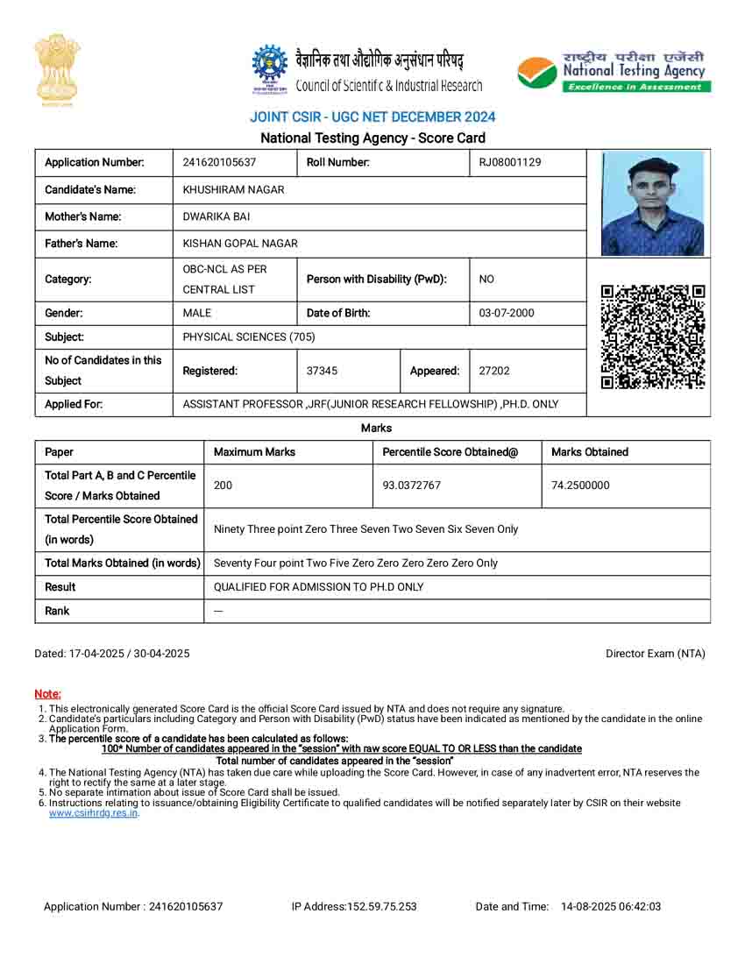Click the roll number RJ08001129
510,162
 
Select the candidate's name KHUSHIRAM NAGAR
233,189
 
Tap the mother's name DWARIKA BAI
216,216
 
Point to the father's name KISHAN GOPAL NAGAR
240,244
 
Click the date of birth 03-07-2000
507,313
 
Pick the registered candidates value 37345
322,371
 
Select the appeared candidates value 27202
494,371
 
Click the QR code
653,337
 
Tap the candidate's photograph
652,202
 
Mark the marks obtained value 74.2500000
580,486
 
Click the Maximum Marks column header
255,452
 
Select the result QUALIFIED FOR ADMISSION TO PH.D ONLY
319,587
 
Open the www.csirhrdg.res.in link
94,812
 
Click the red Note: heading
47,694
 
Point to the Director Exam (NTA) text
656,654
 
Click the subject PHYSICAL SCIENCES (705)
249,337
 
